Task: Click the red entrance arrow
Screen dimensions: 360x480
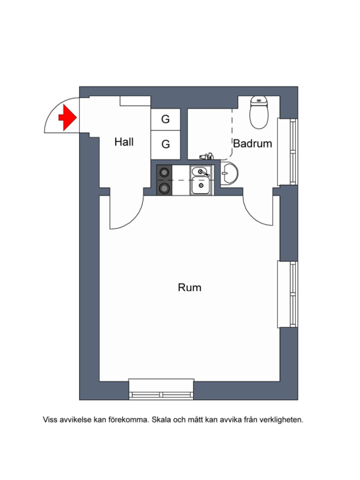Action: click(67, 118)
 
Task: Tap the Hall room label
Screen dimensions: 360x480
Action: click(124, 142)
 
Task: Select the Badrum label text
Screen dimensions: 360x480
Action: click(252, 144)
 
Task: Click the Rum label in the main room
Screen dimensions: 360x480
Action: click(189, 287)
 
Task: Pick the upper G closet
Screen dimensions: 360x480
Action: click(166, 120)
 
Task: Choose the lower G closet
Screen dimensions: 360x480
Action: click(166, 144)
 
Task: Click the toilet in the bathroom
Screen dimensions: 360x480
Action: click(259, 112)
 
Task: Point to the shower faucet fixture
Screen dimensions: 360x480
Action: click(207, 156)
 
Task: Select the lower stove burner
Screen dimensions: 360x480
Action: click(164, 188)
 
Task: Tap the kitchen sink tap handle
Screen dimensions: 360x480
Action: click(206, 174)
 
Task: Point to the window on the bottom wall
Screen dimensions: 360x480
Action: click(161, 390)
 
